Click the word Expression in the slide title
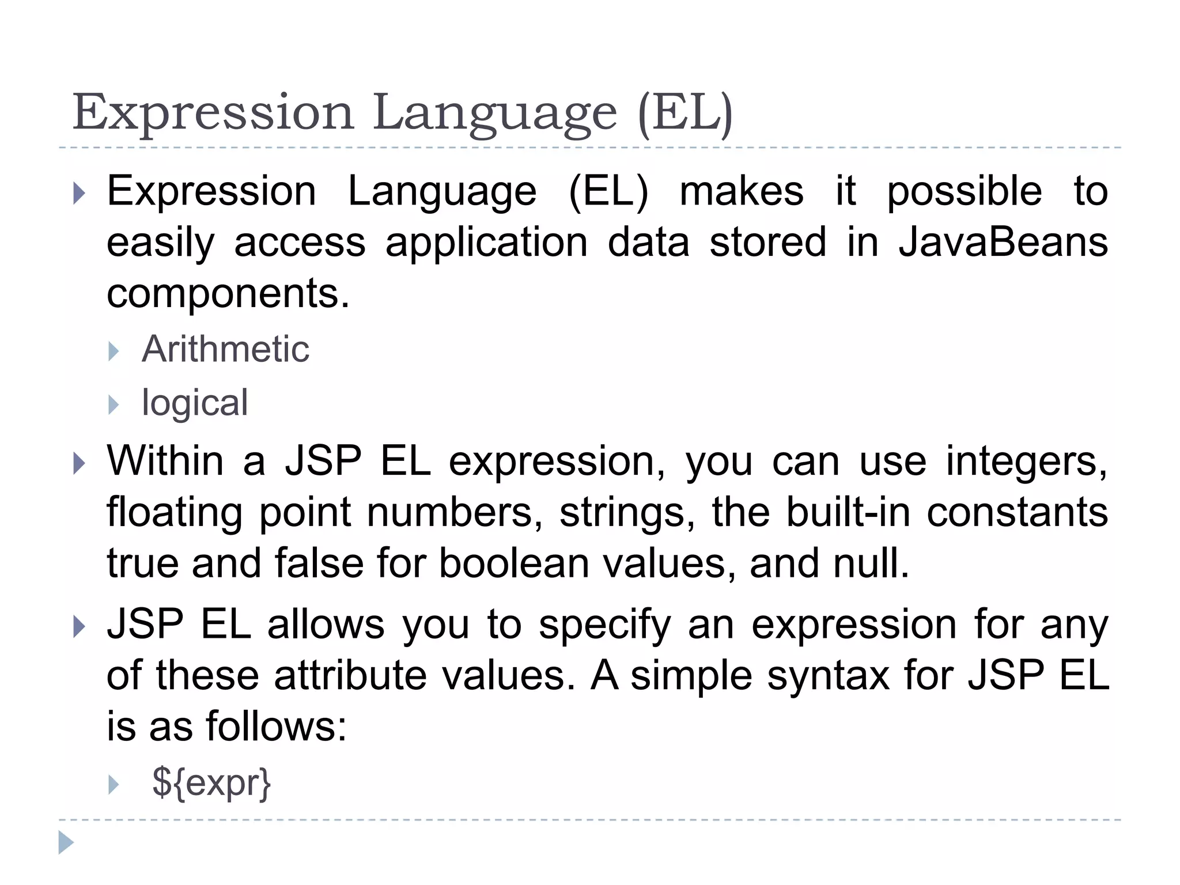pos(213,113)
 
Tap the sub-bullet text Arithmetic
pos(225,349)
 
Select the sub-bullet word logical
pos(195,402)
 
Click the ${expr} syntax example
pos(211,783)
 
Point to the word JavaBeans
pos(1003,242)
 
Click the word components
pos(228,293)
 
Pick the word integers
pos(1026,462)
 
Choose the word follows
pos(276,727)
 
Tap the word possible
pos(964,191)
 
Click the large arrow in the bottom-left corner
pos(66,843)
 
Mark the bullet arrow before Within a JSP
pos(80,464)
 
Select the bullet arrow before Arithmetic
pos(114,351)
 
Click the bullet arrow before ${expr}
pos(114,784)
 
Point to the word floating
pos(174,513)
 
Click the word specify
pos(605,626)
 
